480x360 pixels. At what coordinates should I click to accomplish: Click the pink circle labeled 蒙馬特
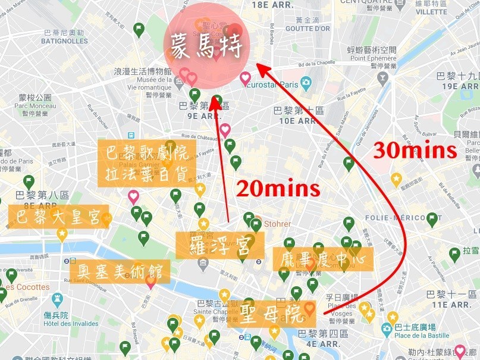pyautogui.click(x=207, y=45)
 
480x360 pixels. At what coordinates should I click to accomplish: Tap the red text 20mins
pyautogui.click(x=278, y=189)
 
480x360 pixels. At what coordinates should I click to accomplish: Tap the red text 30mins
pyautogui.click(x=415, y=151)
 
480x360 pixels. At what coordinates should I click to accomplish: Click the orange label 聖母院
pyautogui.click(x=271, y=314)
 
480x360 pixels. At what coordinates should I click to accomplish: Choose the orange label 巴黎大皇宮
pyautogui.click(x=59, y=217)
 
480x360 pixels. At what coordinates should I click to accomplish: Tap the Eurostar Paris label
pyautogui.click(x=277, y=84)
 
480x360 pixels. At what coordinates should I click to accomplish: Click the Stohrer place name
pyautogui.click(x=277, y=224)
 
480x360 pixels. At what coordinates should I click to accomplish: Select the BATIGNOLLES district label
pyautogui.click(x=64, y=41)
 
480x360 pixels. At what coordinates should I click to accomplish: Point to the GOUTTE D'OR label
pyautogui.click(x=308, y=28)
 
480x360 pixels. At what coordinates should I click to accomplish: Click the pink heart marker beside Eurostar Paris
pyautogui.click(x=245, y=78)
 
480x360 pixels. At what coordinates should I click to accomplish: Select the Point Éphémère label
pyautogui.click(x=374, y=58)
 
